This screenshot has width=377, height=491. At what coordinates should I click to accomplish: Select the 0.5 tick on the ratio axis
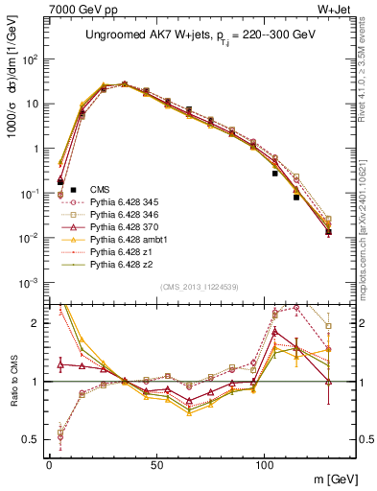click(32, 440)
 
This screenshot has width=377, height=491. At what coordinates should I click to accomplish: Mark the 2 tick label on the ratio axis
click(37, 323)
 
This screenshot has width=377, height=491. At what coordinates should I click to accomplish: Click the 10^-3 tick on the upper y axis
click(29, 283)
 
